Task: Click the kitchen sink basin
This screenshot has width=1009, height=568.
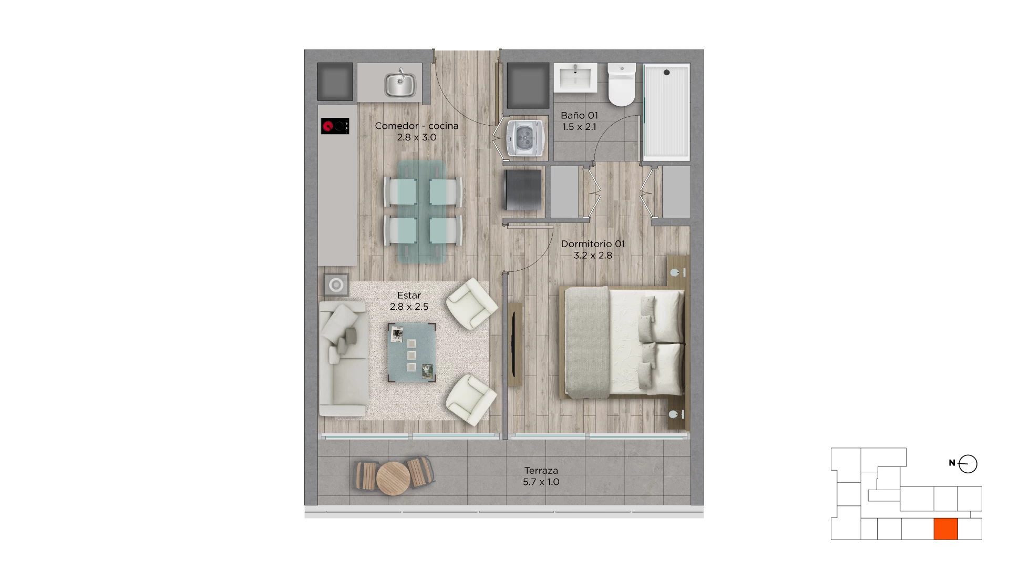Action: pyautogui.click(x=400, y=84)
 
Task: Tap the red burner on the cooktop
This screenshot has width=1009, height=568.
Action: pyautogui.click(x=328, y=126)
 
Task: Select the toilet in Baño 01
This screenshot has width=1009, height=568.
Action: pyautogui.click(x=622, y=85)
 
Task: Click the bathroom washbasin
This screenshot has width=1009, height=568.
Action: pyautogui.click(x=575, y=78)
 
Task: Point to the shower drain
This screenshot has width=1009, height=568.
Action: pyautogui.click(x=666, y=73)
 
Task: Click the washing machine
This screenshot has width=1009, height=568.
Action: pyautogui.click(x=523, y=138)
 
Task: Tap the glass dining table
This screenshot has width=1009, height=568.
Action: pyautogui.click(x=422, y=211)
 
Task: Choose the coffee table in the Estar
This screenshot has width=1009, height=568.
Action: pyautogui.click(x=411, y=352)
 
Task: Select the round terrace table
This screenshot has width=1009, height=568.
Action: pyautogui.click(x=393, y=478)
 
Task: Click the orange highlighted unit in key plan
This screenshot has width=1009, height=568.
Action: pyautogui.click(x=945, y=529)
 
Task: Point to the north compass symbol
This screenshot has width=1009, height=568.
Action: pyautogui.click(x=967, y=464)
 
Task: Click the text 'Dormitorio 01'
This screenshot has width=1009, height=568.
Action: pyautogui.click(x=593, y=244)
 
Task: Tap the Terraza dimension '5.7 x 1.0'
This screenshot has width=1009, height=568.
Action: pyautogui.click(x=541, y=482)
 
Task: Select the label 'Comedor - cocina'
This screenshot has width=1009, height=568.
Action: pyautogui.click(x=417, y=126)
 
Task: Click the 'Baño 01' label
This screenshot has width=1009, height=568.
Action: pyautogui.click(x=579, y=115)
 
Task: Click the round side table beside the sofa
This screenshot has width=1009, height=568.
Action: pyautogui.click(x=336, y=286)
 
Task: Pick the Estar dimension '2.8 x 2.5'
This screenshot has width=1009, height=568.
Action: pyautogui.click(x=409, y=307)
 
